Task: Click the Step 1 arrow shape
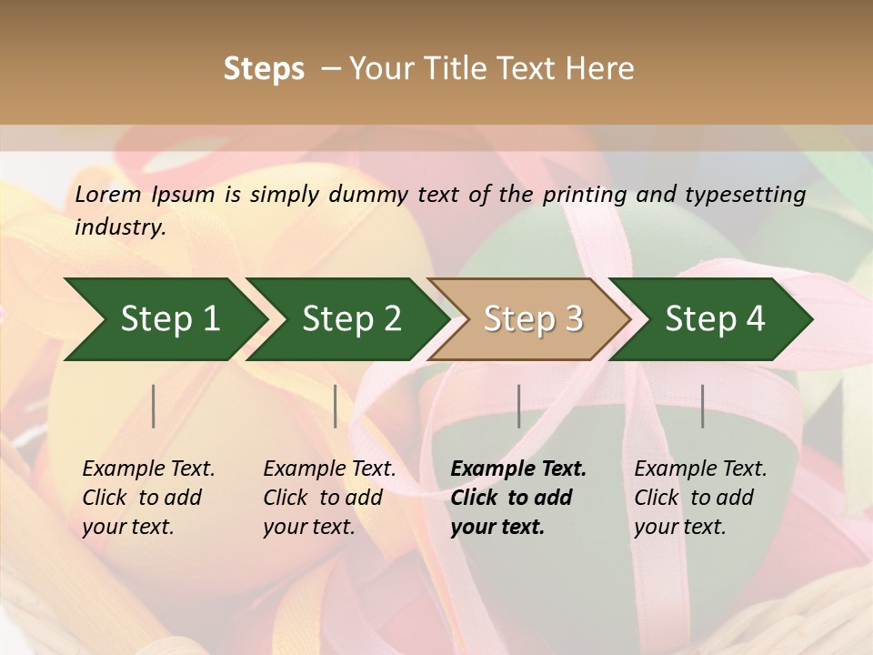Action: [x=164, y=319]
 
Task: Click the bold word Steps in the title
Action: [x=264, y=69]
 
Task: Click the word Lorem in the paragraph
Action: [x=108, y=195]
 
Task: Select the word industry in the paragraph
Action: [x=120, y=227]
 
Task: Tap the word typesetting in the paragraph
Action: [x=745, y=195]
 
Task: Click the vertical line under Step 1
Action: [x=154, y=406]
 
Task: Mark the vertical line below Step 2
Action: [x=336, y=406]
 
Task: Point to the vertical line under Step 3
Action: [x=519, y=406]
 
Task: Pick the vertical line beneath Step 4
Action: [x=703, y=406]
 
